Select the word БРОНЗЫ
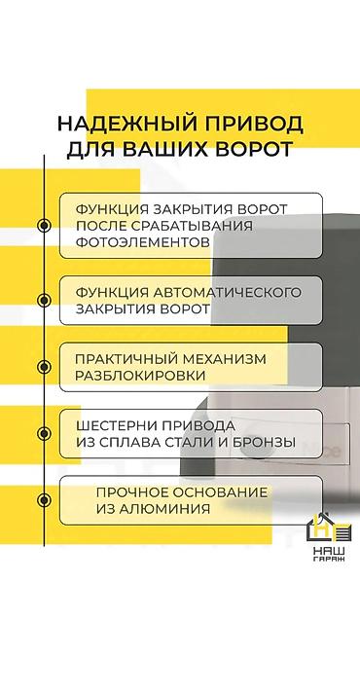[x=264, y=442]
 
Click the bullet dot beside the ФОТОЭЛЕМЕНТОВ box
[x=43, y=226]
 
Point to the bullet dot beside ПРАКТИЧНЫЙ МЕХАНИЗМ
[x=43, y=367]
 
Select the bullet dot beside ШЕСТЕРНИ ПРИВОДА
[x=43, y=433]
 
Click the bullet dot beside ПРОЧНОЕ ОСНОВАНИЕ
[x=43, y=500]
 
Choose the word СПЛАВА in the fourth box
[x=141, y=442]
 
